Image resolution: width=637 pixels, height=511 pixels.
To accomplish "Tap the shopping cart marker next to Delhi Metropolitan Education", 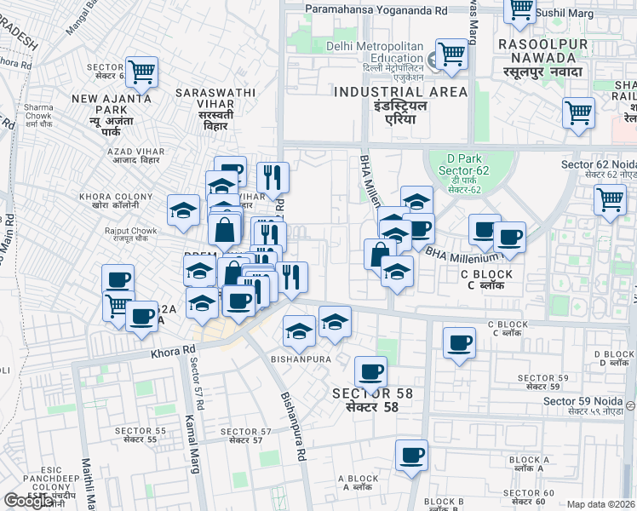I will pos(450,55).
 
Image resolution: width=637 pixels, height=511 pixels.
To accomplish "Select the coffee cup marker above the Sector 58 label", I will pos(370,371).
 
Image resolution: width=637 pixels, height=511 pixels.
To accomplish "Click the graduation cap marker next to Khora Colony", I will pos(183,211).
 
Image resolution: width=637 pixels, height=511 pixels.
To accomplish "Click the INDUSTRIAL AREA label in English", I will pos(400,91).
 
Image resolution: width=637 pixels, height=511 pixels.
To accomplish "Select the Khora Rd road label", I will pos(173,350).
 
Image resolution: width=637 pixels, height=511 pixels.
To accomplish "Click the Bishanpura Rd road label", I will pos(294,427).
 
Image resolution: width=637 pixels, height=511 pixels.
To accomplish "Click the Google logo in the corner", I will pos(29,501).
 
